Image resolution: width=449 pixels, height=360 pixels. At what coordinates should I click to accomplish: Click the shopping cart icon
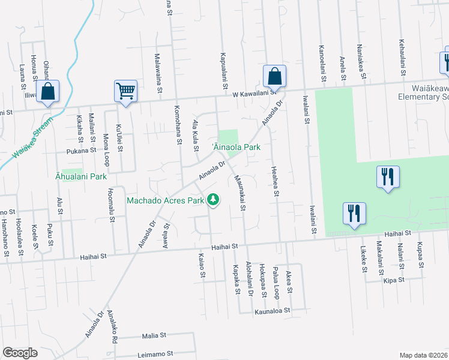[125, 91]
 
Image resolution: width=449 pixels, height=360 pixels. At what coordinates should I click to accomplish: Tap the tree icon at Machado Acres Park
[213, 199]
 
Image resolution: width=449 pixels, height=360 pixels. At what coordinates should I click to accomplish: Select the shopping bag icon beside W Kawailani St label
[274, 76]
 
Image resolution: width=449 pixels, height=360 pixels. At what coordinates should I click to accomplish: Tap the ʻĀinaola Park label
[236, 146]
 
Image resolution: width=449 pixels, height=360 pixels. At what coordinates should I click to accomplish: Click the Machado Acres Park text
[166, 200]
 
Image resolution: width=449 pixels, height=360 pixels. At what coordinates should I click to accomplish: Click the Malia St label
[153, 337]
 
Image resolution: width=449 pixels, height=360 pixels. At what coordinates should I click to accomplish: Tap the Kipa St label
[394, 280]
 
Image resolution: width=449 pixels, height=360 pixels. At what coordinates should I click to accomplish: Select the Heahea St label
[274, 181]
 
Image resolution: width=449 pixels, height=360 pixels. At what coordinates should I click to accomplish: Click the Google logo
[20, 353]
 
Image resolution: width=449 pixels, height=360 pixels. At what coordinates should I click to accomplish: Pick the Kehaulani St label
[401, 58]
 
